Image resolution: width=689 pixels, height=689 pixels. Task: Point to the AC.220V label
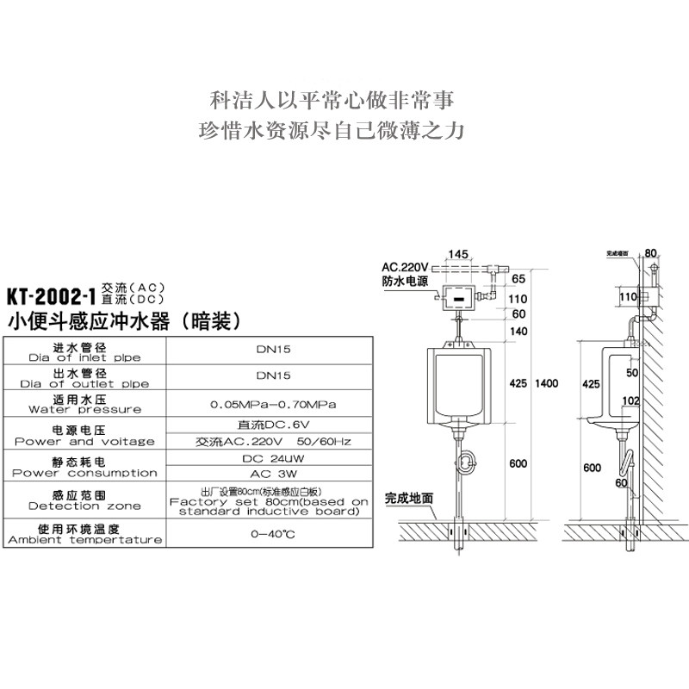pos(406,266)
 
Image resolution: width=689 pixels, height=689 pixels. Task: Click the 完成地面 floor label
pos(409,498)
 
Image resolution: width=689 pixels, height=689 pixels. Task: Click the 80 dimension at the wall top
pos(650,253)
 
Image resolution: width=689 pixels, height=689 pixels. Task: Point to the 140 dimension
pos(518,332)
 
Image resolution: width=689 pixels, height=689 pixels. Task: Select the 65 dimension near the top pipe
pos(518,280)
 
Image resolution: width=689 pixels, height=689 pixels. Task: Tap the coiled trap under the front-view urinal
pos(469,463)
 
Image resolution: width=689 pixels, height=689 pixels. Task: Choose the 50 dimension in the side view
pos(631,372)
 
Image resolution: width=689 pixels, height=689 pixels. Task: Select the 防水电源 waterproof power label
pos(405,281)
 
